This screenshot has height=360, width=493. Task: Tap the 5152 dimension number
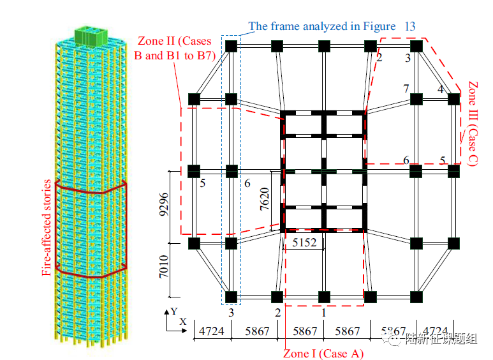304,243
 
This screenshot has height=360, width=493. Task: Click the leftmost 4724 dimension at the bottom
212,332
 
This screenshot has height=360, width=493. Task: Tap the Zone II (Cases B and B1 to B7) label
175,48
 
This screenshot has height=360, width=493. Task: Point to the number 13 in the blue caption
409,26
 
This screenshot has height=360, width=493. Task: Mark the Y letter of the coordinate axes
173,311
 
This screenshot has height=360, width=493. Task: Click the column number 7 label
405,89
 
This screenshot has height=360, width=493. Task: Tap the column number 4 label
440,89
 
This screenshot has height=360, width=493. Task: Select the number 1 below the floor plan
323,312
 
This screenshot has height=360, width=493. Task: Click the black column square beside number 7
416,99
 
